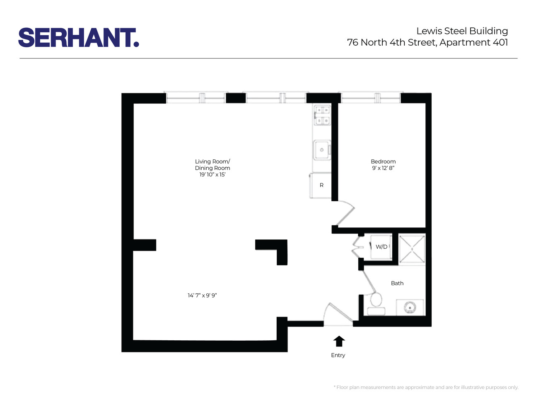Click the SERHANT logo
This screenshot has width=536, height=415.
(78, 38)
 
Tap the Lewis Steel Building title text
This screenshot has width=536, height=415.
(462, 31)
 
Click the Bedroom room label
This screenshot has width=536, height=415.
(383, 161)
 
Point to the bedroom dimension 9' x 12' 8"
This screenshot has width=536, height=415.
(383, 168)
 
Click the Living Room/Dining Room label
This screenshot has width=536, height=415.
(212, 164)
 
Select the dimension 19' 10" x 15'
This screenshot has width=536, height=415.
(212, 175)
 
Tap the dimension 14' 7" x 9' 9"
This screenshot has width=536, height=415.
(202, 295)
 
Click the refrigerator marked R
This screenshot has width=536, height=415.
(321, 185)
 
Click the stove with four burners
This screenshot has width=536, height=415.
(322, 115)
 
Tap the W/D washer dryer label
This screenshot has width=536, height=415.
(381, 247)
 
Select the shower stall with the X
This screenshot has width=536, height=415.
(412, 249)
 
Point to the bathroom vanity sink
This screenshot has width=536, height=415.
(410, 308)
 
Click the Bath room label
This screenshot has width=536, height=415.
(397, 283)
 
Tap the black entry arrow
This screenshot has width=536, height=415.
(339, 341)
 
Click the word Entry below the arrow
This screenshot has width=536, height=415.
(338, 355)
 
